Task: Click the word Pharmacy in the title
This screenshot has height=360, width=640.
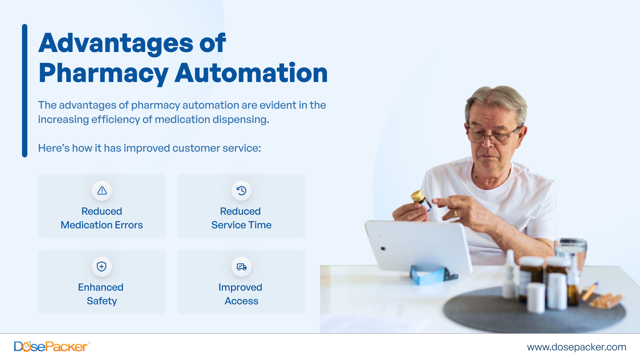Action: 103,73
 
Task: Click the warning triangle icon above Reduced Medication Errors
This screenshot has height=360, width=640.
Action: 102,191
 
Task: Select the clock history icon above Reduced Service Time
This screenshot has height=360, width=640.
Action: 241,191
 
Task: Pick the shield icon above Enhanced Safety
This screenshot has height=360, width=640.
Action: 102,267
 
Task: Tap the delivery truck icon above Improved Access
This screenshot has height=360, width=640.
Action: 241,267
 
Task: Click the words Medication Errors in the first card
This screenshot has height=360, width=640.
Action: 102,225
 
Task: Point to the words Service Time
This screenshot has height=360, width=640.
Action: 241,225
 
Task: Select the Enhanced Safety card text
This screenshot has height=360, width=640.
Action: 101,294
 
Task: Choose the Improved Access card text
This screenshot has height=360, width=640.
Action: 241,294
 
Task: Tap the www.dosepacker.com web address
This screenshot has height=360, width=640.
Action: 576,347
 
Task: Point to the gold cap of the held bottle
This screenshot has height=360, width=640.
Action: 417,196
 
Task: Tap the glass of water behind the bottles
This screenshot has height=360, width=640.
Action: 571,250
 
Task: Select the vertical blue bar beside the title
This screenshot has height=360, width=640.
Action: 25,90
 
